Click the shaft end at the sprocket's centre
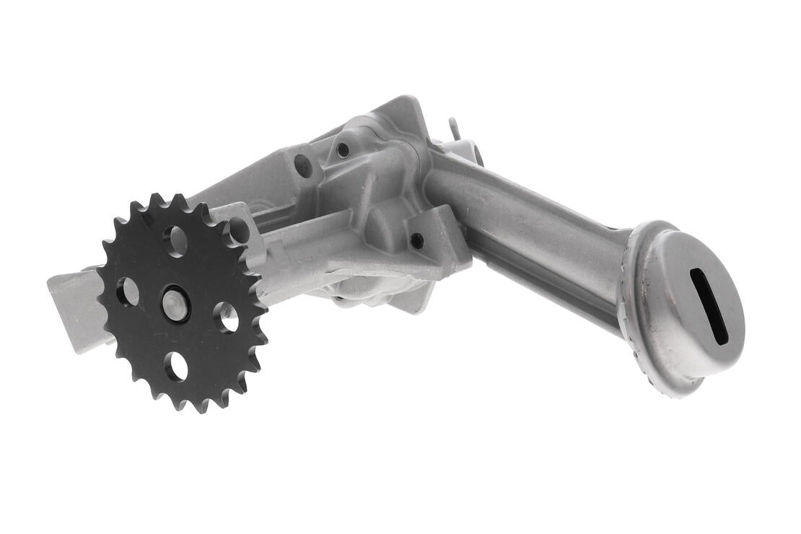coord(175,302)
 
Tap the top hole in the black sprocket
coord(175,240)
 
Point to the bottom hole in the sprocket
coord(175,367)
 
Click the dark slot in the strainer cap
coord(709,306)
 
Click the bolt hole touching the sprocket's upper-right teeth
coord(238,230)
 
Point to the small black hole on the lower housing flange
coord(417,241)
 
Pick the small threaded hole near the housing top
coord(343,150)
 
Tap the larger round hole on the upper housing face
coord(304,166)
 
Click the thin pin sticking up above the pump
coord(452,128)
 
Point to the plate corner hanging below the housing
coord(421,299)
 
